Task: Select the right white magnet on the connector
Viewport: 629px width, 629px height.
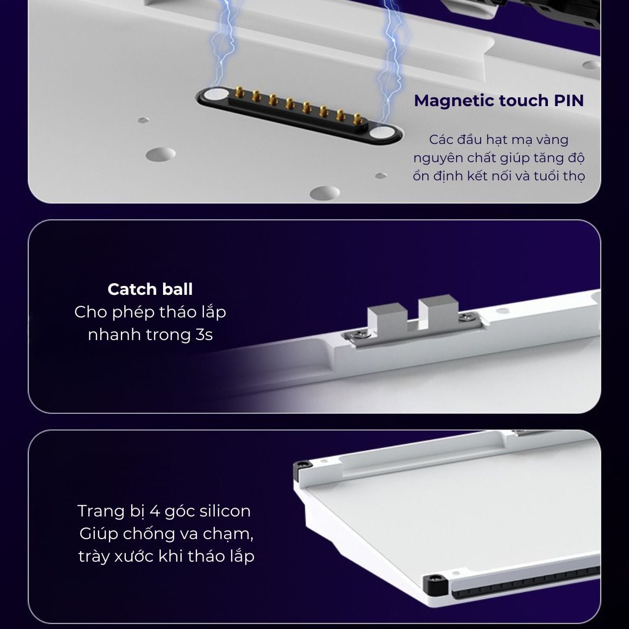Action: pyautogui.click(x=382, y=132)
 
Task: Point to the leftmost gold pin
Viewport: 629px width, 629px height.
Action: pyautogui.click(x=239, y=92)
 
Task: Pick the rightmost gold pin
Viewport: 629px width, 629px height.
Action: pyautogui.click(x=358, y=119)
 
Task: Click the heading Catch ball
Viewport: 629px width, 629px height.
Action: pyautogui.click(x=150, y=289)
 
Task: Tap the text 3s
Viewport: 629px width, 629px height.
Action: pyautogui.click(x=204, y=335)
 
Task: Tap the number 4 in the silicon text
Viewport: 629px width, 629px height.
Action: pyautogui.click(x=155, y=511)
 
